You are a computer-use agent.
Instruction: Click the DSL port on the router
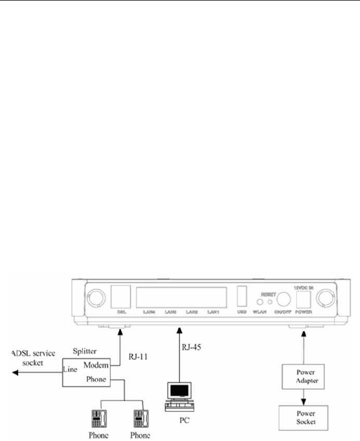pos(121,296)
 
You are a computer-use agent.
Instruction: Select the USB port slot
pos(241,296)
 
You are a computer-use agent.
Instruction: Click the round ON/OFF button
pos(284,299)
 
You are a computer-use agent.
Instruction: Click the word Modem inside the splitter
pos(98,364)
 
